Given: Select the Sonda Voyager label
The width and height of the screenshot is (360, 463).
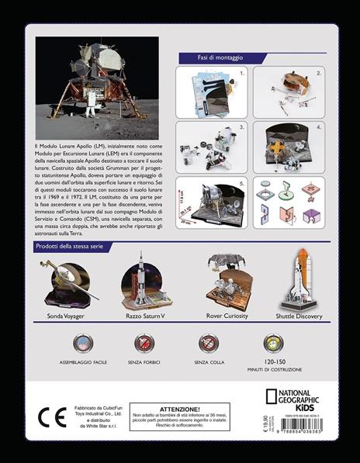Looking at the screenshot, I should pyautogui.click(x=66, y=316).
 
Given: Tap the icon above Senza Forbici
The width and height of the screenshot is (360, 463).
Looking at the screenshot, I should pyautogui.click(x=144, y=344).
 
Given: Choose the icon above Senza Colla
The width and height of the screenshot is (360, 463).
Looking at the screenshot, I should pyautogui.click(x=208, y=344).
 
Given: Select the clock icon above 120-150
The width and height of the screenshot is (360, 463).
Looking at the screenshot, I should pyautogui.click(x=273, y=344).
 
